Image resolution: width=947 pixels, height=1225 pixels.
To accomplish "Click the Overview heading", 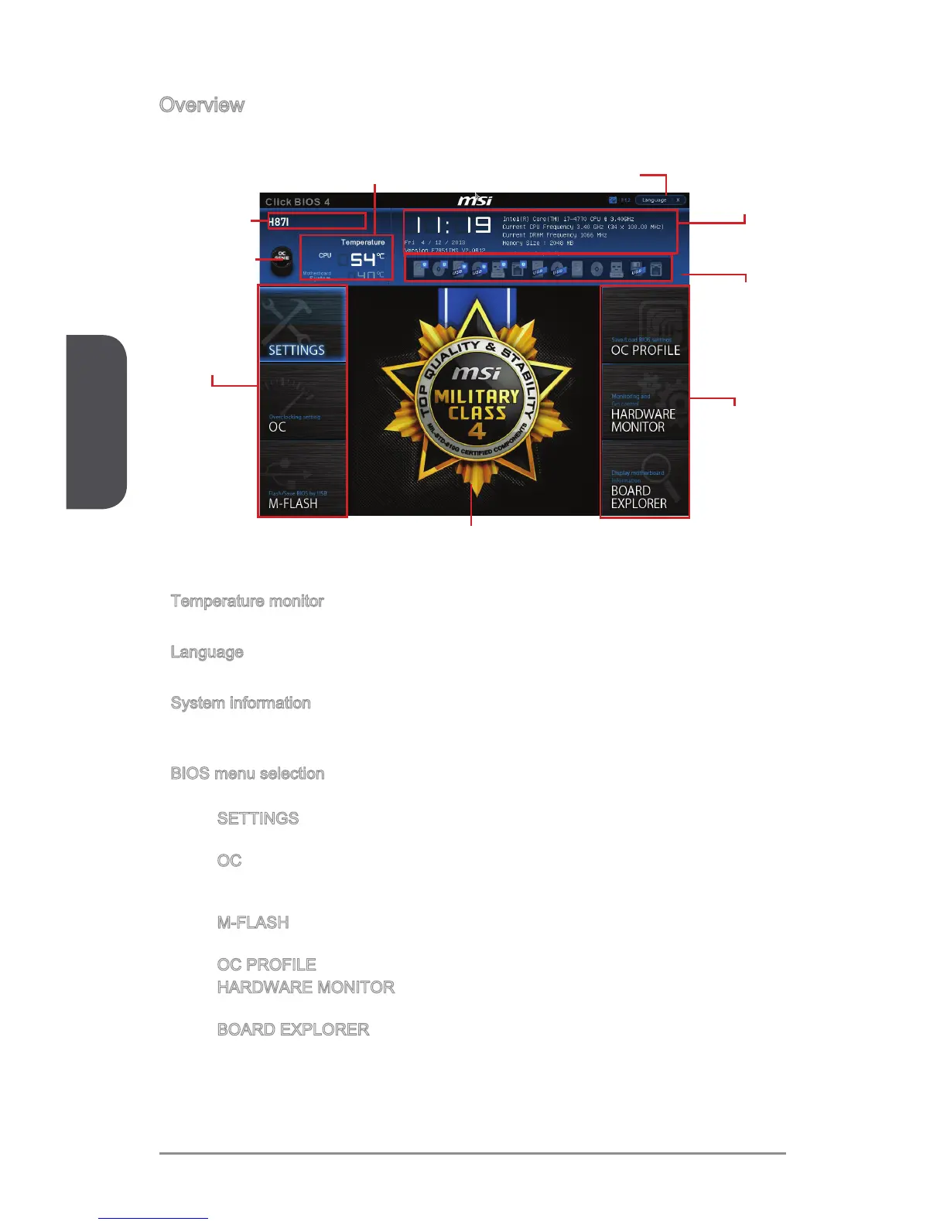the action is click(x=202, y=105).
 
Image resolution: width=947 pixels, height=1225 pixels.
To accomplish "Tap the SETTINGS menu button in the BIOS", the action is click(x=303, y=325).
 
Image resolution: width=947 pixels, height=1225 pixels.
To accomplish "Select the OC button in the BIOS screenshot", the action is click(x=303, y=402).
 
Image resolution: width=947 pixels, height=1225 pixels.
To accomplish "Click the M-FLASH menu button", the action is click(x=303, y=479).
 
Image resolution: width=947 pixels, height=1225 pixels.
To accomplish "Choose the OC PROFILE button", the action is click(x=644, y=325).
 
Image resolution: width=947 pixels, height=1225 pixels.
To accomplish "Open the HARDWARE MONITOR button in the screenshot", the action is click(x=644, y=402).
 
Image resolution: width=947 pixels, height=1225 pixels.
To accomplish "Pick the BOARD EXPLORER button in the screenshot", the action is click(x=644, y=479).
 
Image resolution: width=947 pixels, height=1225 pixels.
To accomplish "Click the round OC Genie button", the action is click(x=282, y=259).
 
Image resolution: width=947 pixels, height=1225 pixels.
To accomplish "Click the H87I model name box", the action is click(x=317, y=222).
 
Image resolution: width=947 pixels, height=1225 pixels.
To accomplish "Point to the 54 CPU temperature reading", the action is click(x=363, y=261).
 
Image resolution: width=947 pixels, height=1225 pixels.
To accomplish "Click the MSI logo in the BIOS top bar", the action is click(x=474, y=201).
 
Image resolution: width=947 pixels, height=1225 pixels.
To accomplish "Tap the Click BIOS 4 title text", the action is click(x=298, y=202).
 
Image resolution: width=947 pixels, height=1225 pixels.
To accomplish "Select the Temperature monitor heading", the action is click(x=247, y=602).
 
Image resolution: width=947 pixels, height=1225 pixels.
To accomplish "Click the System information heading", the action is click(x=241, y=703).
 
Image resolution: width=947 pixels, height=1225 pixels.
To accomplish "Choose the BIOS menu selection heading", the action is click(x=248, y=773).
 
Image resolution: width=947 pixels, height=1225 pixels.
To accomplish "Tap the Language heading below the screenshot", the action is click(x=207, y=653).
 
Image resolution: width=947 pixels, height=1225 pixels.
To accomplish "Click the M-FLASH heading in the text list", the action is click(x=253, y=923).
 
